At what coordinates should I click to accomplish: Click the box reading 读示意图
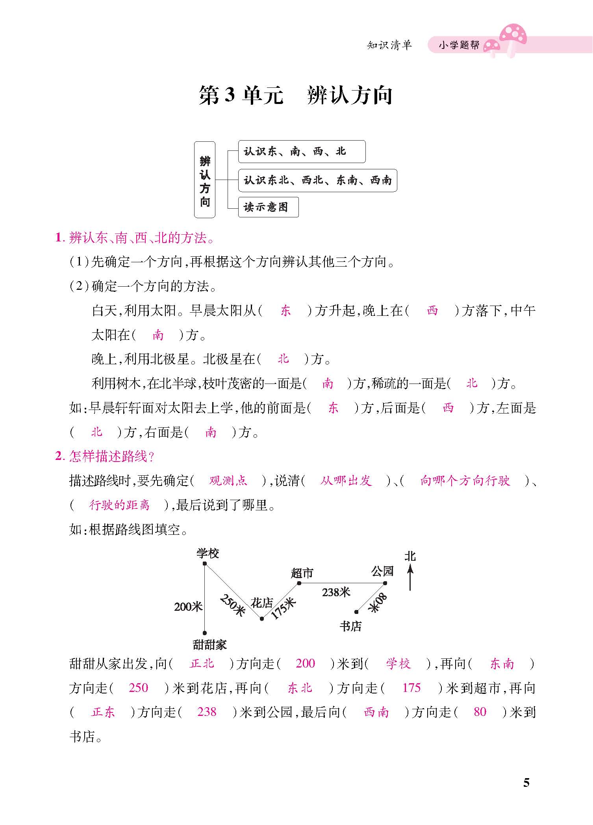coord(268,207)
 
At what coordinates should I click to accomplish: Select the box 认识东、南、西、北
coord(302,152)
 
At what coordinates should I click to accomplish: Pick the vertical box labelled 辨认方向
coord(205,180)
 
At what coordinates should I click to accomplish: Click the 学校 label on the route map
coord(208,554)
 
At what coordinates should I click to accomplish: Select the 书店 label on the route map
coord(350,626)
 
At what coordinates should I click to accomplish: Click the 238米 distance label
coord(336,592)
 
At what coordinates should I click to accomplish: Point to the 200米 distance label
coord(188,606)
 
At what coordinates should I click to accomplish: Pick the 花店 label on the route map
coord(262,603)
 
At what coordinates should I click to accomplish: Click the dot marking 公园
coord(385,583)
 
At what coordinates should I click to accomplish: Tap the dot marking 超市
coord(299,583)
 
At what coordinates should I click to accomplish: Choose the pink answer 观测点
coord(228,480)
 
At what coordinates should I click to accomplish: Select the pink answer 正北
coord(202,664)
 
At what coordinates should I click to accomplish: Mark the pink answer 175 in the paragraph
coord(411,688)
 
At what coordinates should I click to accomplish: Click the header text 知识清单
coord(389,45)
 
